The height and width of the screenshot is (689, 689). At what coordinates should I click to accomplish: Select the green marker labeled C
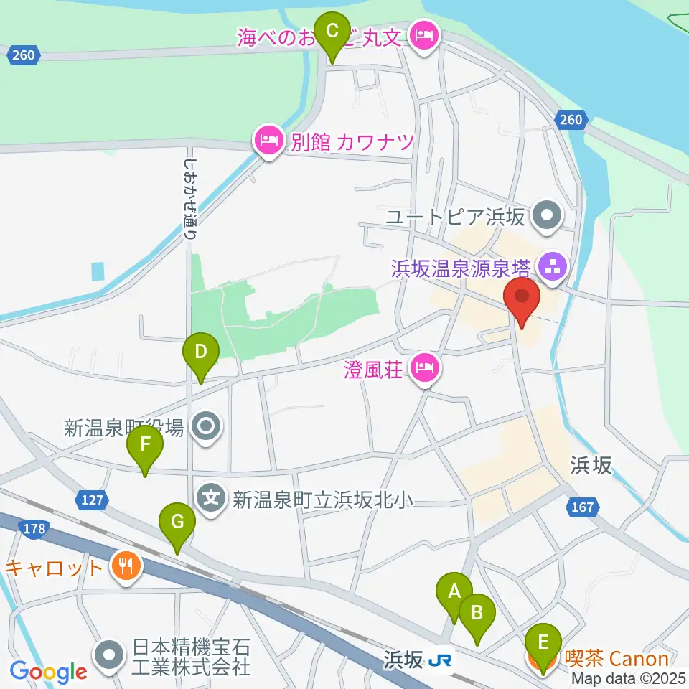(332, 30)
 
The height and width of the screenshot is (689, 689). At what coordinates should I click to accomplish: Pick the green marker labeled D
(201, 352)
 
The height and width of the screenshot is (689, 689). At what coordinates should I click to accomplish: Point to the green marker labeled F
(145, 444)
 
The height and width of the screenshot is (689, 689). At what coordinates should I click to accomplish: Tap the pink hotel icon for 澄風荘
(425, 370)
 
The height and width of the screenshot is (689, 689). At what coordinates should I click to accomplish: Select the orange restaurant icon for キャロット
(126, 567)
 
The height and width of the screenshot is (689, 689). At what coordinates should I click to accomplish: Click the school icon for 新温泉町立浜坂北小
(212, 497)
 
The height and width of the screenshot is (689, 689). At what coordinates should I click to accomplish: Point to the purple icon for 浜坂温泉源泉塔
(553, 268)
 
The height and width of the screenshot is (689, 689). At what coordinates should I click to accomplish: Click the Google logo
(49, 672)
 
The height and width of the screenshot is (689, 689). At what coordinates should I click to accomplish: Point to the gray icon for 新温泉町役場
(207, 428)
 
